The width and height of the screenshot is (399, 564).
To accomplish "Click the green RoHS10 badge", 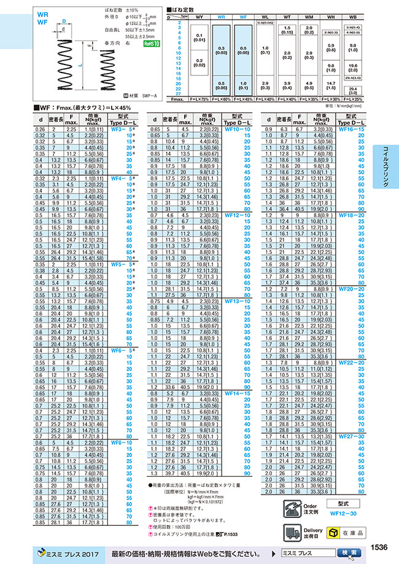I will pos(150,44).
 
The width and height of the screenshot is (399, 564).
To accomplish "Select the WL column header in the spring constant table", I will pos(265,18).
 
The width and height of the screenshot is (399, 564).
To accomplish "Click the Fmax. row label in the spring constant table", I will pos(178,98).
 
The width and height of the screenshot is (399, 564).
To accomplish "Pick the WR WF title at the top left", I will pos(42,17).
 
